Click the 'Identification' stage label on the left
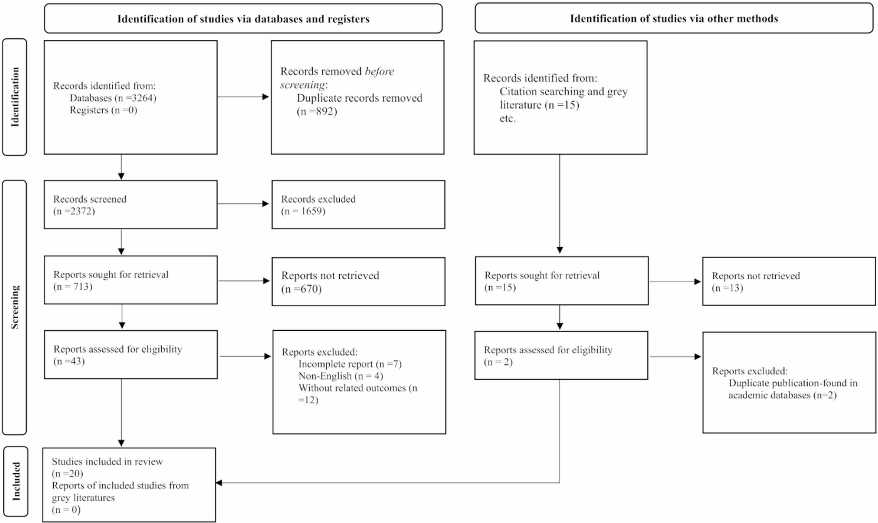pos(15,97)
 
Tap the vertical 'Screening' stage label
pos(15,307)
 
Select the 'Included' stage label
pos(16,481)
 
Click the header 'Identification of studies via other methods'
pos(674,18)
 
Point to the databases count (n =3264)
pos(136,98)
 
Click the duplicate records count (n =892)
pos(317,111)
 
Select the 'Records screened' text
pos(90,199)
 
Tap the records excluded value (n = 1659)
pos(303,211)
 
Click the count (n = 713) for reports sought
pos(73,287)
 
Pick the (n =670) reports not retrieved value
pos(301,289)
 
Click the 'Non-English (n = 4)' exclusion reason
pos(341,376)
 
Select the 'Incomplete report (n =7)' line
pos(350,364)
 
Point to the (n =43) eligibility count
pos(69,361)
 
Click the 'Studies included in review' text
pos(107,461)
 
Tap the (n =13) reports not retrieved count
pos(728,288)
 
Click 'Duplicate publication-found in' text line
pos(793,383)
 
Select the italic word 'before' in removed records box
pos(379,71)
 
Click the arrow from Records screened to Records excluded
pos(243,204)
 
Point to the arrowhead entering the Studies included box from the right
pos(219,483)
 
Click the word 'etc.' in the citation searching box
pos(508,118)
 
